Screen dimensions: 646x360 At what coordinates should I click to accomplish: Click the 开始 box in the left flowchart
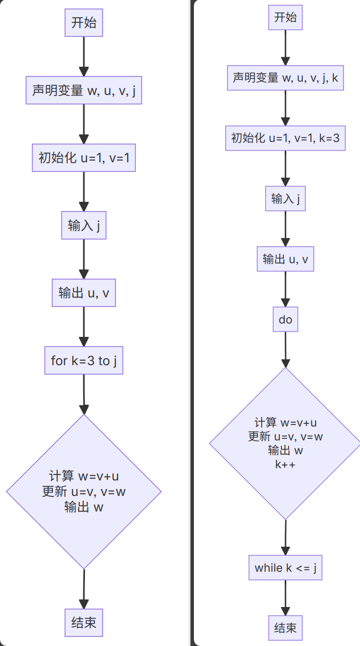(84, 23)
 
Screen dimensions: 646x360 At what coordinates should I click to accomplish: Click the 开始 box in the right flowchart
(285, 18)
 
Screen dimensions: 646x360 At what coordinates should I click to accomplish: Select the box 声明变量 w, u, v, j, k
(285, 78)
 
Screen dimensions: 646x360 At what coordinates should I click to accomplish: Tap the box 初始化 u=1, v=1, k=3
(285, 138)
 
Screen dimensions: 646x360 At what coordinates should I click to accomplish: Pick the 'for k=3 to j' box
(84, 361)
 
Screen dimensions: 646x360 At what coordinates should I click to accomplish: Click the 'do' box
(285, 320)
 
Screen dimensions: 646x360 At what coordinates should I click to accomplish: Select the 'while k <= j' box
(285, 568)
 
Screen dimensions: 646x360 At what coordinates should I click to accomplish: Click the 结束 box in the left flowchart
(84, 623)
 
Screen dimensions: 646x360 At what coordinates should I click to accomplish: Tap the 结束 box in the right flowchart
(285, 628)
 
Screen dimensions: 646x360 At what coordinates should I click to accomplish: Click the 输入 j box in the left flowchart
(84, 226)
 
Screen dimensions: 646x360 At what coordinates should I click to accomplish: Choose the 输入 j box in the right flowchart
(285, 199)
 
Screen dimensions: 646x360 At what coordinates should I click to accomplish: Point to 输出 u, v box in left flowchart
(84, 293)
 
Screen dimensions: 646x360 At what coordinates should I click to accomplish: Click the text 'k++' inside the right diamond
(285, 464)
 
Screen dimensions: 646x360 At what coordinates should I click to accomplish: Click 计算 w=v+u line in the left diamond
(84, 476)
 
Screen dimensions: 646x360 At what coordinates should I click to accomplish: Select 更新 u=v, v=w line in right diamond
(285, 437)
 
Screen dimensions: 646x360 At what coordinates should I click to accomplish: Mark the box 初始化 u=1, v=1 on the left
(84, 158)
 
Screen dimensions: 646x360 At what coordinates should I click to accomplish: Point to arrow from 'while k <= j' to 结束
(285, 597)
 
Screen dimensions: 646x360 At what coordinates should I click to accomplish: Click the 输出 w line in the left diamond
(84, 507)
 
